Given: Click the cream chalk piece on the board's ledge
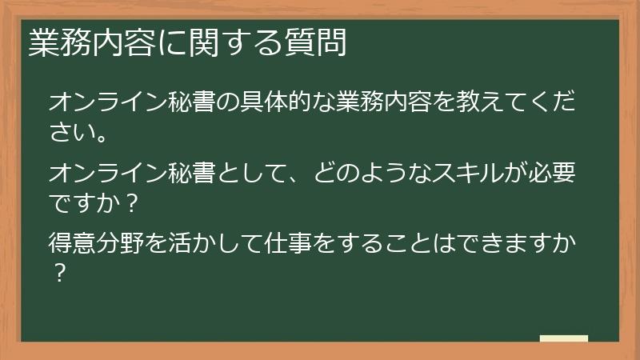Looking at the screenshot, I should click(x=563, y=338).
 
